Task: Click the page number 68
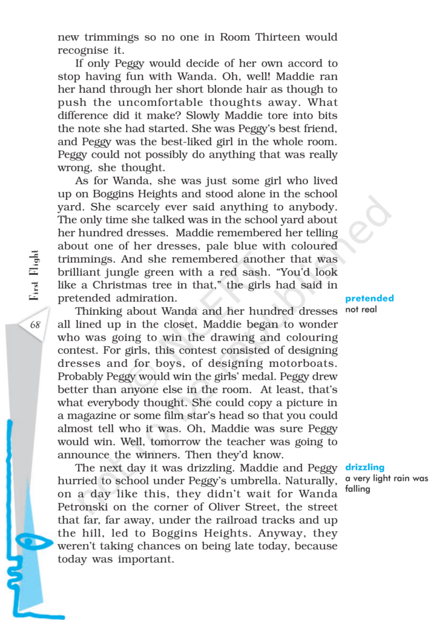pos(35,325)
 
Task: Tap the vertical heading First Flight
pos(34,275)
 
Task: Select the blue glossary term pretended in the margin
pos(369,298)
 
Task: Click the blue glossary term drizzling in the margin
pos(365,467)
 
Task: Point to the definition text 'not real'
pos(361,309)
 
